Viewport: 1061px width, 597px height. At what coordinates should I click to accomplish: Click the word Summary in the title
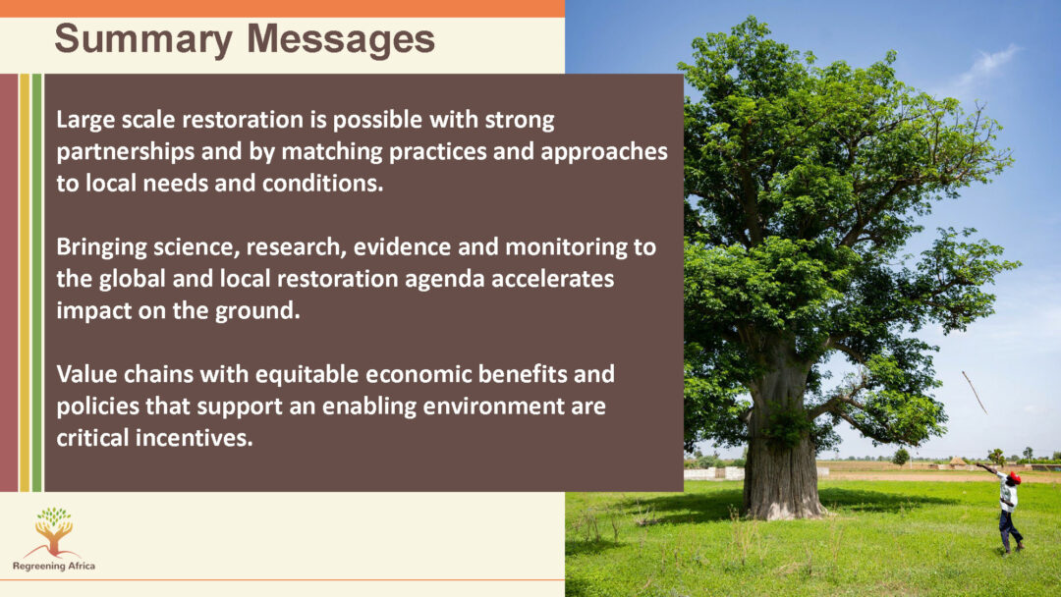[143, 40]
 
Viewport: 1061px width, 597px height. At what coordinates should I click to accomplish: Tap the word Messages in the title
[341, 39]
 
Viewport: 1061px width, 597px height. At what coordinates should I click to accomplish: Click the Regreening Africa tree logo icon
[53, 531]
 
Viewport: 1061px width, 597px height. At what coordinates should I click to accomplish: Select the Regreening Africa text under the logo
[54, 566]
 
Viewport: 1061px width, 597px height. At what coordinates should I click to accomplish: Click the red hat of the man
[1014, 477]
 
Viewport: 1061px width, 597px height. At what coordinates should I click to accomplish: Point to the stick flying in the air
[975, 392]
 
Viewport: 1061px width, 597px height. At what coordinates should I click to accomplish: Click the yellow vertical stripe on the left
[25, 283]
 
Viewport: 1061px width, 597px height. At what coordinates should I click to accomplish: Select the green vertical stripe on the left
[36, 283]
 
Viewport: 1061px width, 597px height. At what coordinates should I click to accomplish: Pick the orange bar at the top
[282, 8]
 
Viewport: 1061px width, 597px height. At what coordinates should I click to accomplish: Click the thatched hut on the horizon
[957, 462]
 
